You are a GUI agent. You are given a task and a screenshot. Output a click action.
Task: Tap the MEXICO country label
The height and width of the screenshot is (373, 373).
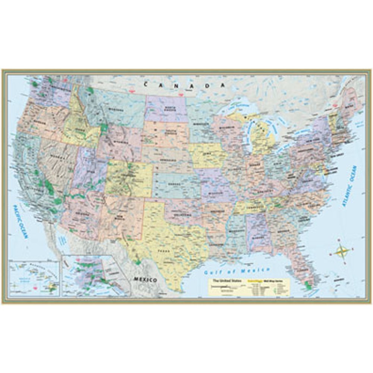pos(145,279)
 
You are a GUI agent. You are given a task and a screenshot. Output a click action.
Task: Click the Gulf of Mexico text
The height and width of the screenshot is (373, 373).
pos(237,271)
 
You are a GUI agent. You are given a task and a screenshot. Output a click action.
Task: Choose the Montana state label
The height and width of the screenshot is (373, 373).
pos(116,109)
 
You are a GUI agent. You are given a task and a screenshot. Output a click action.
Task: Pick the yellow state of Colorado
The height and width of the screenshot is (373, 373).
pos(129,179)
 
